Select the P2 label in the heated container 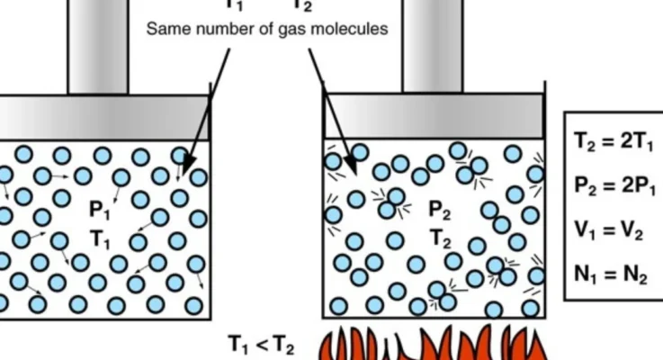439,211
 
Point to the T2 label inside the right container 439,239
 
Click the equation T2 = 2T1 614,141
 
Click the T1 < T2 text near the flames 260,345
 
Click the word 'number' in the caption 224,29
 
